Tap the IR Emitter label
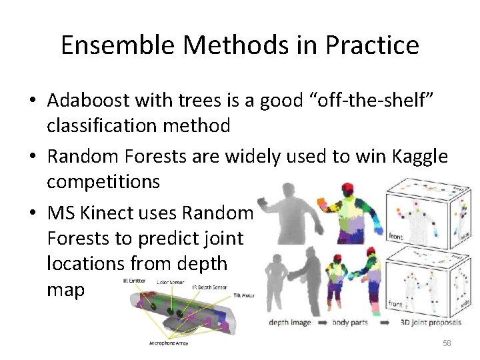point(135,282)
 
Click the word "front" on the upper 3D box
point(395,236)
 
